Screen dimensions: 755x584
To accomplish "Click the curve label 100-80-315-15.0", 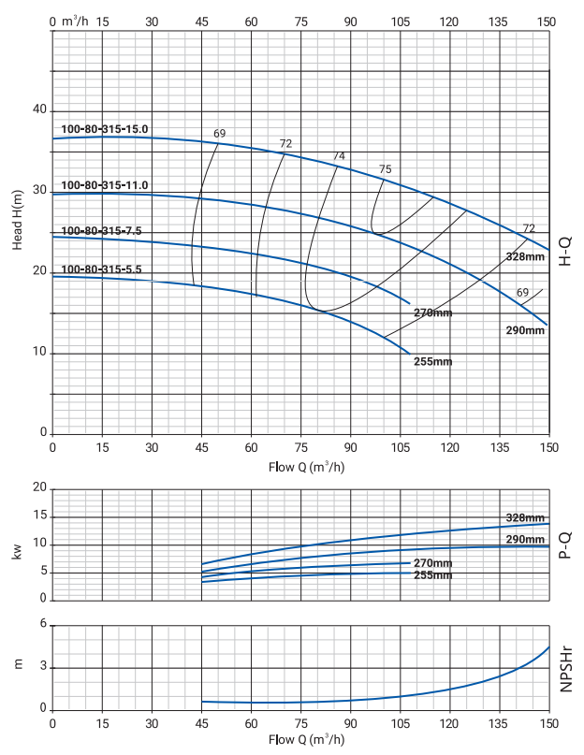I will click(x=105, y=129).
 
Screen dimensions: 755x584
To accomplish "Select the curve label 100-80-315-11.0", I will click(x=105, y=185).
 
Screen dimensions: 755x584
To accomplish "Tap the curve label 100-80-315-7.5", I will click(x=101, y=231).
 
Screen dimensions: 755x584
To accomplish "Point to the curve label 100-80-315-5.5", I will click(x=101, y=269).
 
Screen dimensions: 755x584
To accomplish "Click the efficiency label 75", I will click(x=385, y=169).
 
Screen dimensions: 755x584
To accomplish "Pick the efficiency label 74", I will click(x=339, y=156).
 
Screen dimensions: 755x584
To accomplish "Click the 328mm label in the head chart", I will click(x=525, y=256).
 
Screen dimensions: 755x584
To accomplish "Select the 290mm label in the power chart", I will click(x=525, y=540).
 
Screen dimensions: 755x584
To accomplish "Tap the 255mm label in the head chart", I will click(x=432, y=361).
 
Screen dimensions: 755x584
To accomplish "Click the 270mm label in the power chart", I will click(x=432, y=563).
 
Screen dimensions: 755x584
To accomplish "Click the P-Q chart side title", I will click(x=565, y=544).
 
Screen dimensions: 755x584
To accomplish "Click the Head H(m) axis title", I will click(x=18, y=218).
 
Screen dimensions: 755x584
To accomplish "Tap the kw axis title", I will click(x=18, y=553).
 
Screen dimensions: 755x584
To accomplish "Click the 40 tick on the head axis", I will click(x=39, y=110).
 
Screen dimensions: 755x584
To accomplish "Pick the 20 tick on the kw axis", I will click(x=39, y=488).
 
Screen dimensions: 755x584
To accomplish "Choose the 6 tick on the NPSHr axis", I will click(x=43, y=625).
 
